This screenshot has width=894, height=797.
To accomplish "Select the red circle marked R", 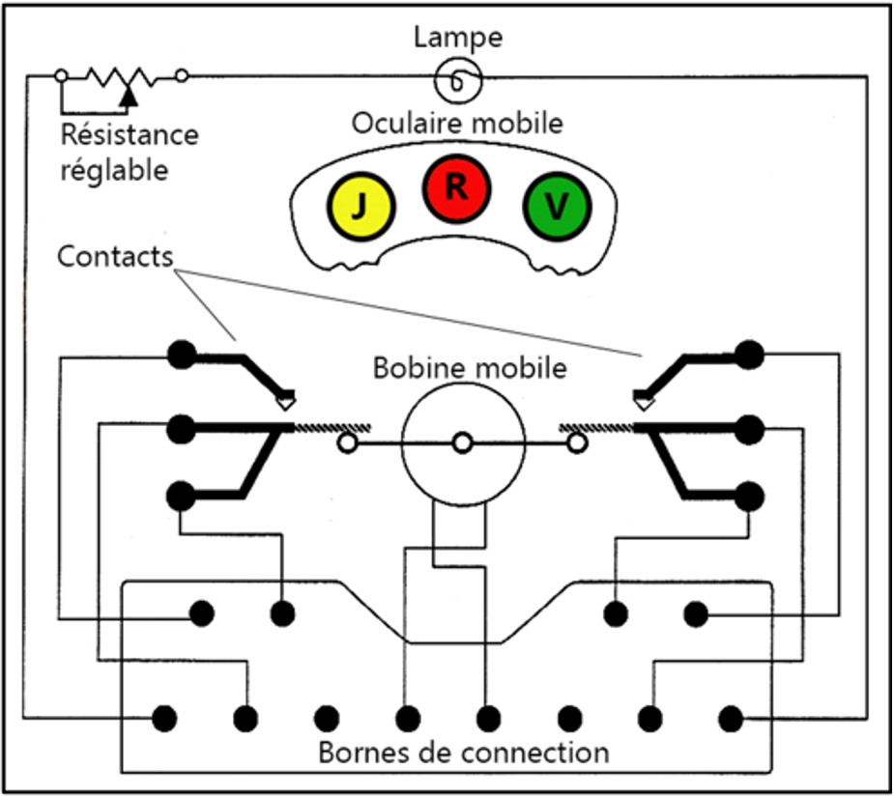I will coord(456,187).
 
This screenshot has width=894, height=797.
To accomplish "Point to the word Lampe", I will coord(457,38).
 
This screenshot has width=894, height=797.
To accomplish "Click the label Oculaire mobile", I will coord(457,124).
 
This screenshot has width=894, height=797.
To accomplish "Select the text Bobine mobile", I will coord(469,368).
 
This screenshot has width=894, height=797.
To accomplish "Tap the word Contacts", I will coord(115,257).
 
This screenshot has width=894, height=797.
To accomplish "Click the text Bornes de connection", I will coord(464,752).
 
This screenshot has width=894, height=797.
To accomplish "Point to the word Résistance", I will coord(129,134).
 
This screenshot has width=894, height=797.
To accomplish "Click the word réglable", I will coord(114,170).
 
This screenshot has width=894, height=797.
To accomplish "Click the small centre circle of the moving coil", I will coord(463,442).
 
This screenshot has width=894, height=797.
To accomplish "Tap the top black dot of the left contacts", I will coord(180,355).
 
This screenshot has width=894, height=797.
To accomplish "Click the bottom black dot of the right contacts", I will coord(749,497).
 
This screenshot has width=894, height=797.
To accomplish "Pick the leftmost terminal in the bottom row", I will coord(165,719).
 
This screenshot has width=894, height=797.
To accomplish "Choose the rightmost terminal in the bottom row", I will coord(731,719).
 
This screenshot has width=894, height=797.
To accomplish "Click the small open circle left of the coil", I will coord(346,443).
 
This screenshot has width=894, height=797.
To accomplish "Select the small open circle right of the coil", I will coord(577,443).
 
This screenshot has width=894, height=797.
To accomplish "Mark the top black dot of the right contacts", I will coord(749,355).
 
